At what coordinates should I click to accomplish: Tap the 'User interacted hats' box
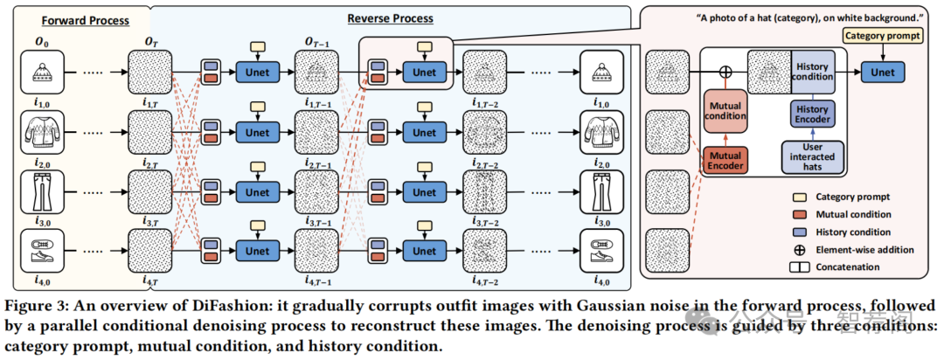[x=813, y=156]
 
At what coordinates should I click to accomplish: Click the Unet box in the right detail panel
[x=883, y=73]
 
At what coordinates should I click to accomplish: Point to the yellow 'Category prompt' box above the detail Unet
[x=883, y=36]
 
